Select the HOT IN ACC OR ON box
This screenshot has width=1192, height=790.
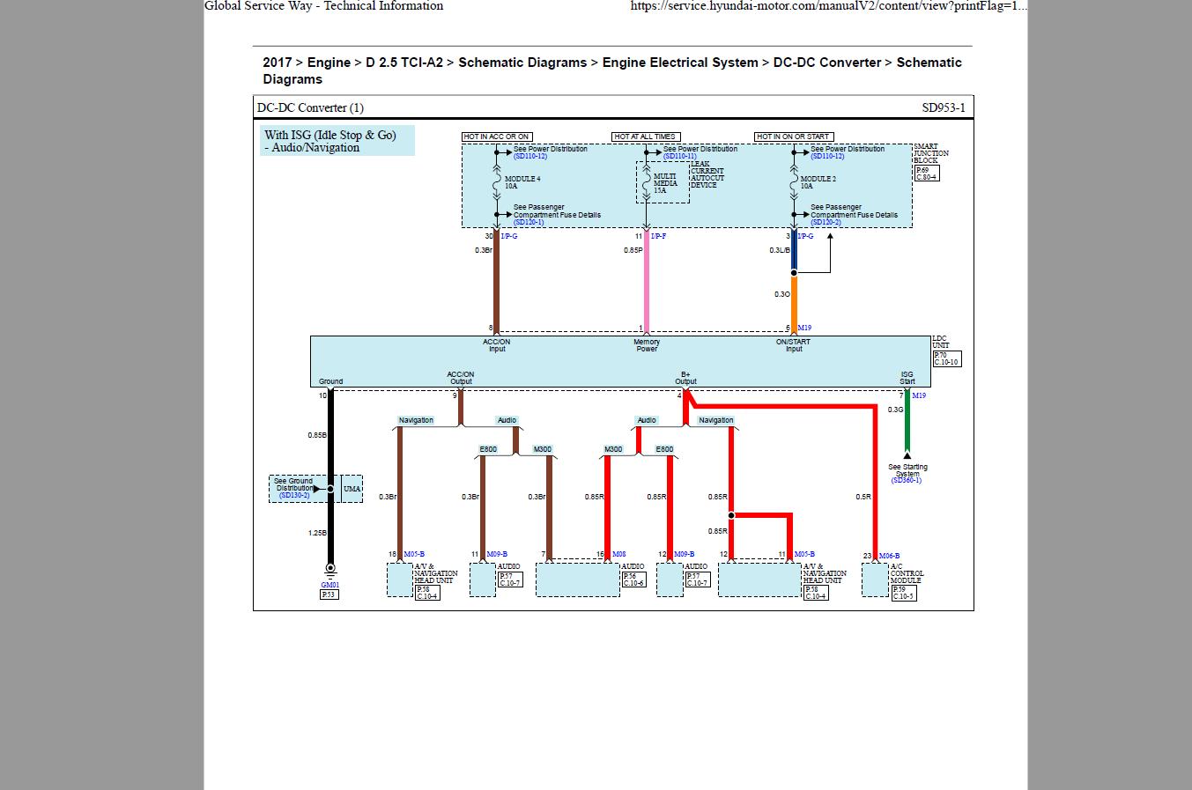497,137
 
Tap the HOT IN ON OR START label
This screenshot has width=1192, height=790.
794,137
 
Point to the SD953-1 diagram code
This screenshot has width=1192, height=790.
944,108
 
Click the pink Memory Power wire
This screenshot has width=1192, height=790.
647,282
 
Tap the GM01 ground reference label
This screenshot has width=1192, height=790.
329,585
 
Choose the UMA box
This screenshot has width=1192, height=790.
352,489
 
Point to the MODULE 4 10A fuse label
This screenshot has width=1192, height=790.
522,182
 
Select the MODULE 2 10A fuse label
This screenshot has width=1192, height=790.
818,182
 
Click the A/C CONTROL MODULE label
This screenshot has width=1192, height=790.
907,573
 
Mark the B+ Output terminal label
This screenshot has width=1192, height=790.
685,378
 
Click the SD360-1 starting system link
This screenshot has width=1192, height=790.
907,481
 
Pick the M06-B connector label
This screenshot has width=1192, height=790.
889,556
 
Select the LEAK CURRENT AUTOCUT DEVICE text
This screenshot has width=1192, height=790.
707,174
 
